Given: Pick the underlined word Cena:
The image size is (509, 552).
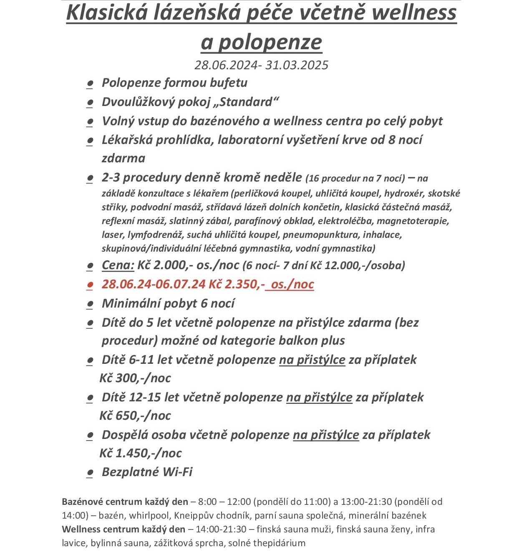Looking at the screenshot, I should coord(118,265).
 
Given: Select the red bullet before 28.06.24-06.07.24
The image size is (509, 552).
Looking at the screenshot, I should coord(89,285).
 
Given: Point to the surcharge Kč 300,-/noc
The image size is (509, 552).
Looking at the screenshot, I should coord(135,378).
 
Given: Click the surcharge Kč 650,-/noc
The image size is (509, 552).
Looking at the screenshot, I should coord(135,416).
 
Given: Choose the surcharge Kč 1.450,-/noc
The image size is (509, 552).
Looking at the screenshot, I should coord(141,453).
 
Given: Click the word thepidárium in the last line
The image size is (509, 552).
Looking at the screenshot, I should coord(279,543).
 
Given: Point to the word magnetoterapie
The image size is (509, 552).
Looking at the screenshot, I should coord(413,221).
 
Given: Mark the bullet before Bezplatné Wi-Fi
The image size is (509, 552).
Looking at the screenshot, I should coord(89,473).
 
